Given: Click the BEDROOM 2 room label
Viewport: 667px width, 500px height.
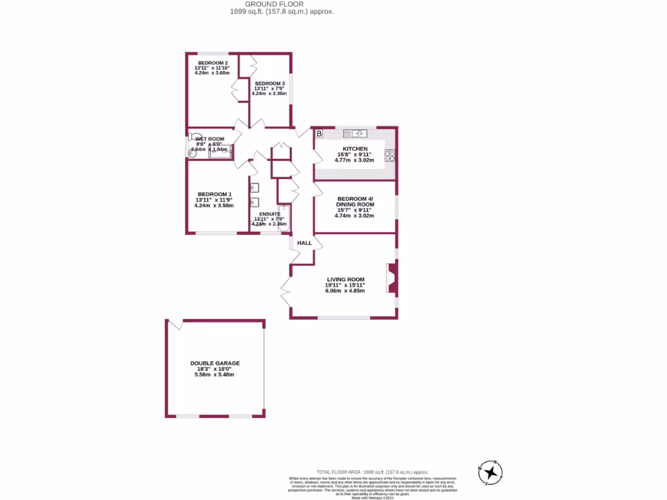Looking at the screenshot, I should coord(212,63).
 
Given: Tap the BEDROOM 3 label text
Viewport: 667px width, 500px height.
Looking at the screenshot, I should coord(269,84).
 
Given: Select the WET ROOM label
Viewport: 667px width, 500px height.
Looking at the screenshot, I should coord(210,139).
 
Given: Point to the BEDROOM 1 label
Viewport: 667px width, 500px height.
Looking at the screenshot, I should coord(214,194).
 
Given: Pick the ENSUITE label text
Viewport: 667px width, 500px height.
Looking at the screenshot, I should coord(269,214).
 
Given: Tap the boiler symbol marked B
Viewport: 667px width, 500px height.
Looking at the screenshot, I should coord(319,134).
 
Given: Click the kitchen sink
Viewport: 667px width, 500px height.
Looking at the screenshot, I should coord(356,133).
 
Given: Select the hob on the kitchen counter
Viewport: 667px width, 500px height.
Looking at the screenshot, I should coord(390,154).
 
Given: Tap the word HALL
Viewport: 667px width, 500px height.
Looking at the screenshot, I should coord(304,243).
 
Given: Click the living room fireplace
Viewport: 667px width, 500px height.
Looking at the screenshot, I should coord(391,279).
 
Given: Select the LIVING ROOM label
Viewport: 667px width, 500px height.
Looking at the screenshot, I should coord(345,279).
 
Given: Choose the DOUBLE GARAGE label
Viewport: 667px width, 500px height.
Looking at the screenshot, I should coord(215,363).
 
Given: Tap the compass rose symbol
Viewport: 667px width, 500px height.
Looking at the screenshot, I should coord(490,472).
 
